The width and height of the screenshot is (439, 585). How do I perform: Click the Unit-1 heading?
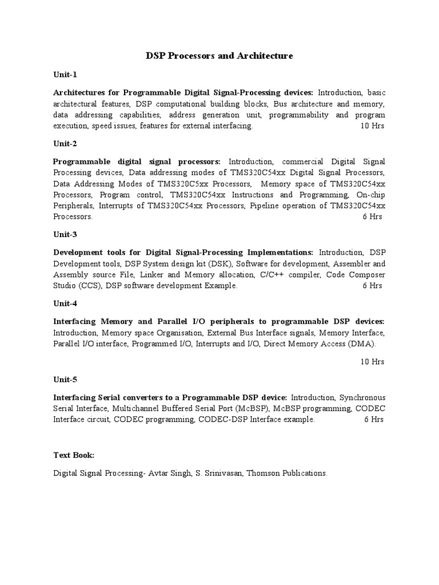[x=65, y=75]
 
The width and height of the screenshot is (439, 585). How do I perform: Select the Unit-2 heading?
[x=65, y=143]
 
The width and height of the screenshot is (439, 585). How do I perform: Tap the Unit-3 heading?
[x=65, y=234]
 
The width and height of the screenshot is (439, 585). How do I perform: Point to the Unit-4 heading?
[x=65, y=303]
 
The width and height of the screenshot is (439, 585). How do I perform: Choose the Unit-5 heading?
[x=65, y=379]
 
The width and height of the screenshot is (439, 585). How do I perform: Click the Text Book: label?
[x=74, y=455]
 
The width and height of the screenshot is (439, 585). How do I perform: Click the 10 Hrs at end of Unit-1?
[x=372, y=126]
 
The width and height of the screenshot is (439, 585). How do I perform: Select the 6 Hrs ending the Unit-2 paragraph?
[x=373, y=217]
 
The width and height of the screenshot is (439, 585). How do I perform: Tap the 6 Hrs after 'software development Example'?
[x=373, y=286]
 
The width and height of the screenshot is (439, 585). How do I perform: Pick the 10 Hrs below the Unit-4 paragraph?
[x=372, y=362]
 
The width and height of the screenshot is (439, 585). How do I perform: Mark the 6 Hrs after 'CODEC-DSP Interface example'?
[x=374, y=419]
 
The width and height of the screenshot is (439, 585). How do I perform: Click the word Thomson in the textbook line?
[x=264, y=473]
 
